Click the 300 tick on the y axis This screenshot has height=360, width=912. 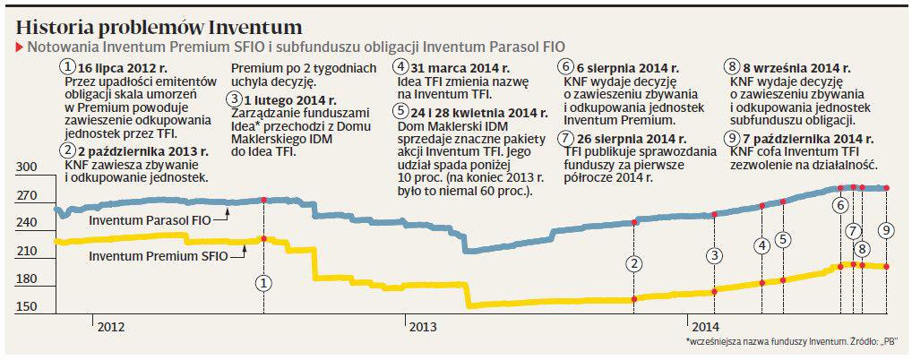[x=28, y=167]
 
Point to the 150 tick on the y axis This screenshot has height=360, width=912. [x=28, y=307]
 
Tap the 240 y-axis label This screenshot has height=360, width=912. [x=28, y=223]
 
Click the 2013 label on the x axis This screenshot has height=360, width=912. [x=423, y=327]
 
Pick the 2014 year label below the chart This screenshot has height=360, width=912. [x=704, y=327]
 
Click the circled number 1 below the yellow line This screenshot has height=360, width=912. [x=263, y=283]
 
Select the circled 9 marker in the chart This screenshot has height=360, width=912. [x=886, y=230]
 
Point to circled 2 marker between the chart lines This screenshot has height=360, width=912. [x=634, y=263]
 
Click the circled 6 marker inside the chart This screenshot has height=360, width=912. [x=840, y=205]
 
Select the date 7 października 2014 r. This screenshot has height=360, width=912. [x=806, y=138]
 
